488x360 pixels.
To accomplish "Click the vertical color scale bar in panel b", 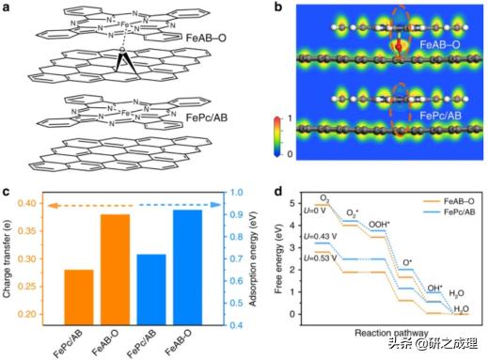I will click(267, 137).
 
